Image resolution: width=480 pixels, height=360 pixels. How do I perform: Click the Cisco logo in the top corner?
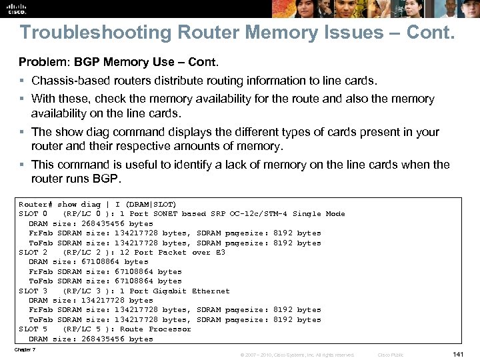[x=16, y=8]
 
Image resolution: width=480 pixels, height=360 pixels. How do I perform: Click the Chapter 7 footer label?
[x=24, y=349]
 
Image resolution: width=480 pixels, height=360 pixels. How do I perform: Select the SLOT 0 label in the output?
[x=33, y=213]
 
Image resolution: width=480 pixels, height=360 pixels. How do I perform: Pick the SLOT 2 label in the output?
[x=33, y=252]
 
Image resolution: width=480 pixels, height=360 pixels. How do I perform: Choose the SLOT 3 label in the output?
[x=33, y=291]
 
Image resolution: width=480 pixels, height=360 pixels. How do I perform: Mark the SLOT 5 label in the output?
[x=33, y=329]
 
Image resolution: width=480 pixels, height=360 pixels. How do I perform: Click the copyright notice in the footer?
[x=297, y=355]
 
